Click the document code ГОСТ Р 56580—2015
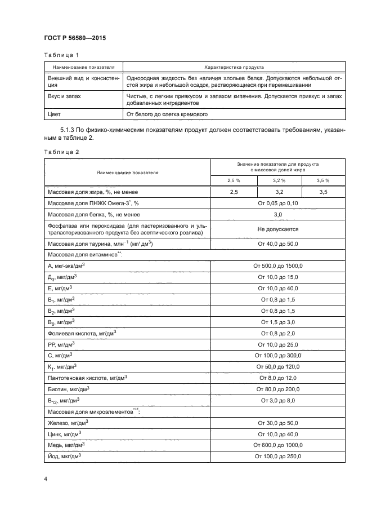click(x=75, y=38)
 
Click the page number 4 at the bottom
click(x=45, y=479)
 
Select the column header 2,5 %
click(x=234, y=180)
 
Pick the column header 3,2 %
click(x=279, y=180)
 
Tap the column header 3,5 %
click(x=322, y=180)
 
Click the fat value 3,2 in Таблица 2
click(x=279, y=192)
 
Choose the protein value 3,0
click(x=277, y=215)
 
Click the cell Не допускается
click(x=277, y=229)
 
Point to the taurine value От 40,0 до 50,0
click(x=277, y=243)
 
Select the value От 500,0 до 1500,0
click(x=277, y=265)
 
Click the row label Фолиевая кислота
click(x=82, y=334)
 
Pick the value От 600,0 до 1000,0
click(x=277, y=445)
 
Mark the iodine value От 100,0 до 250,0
click(x=277, y=457)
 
